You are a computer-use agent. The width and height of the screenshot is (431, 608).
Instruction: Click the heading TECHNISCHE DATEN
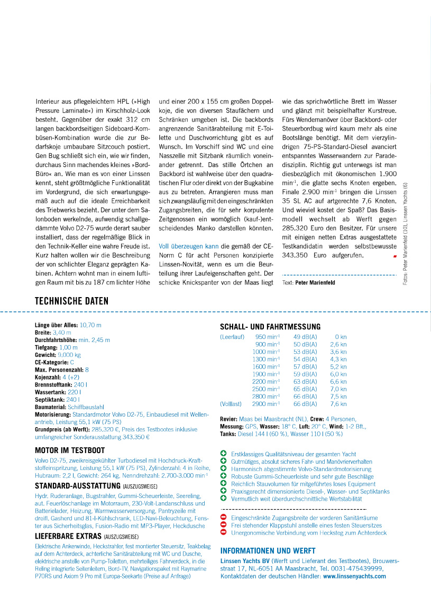click(x=71, y=301)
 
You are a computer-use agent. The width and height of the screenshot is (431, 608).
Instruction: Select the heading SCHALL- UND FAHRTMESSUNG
click(x=270, y=327)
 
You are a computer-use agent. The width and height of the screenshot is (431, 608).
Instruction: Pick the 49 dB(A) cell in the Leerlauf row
click(x=305, y=336)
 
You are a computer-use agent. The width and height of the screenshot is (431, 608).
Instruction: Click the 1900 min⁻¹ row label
click(x=265, y=374)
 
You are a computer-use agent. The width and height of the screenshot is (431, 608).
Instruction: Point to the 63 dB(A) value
click(x=305, y=381)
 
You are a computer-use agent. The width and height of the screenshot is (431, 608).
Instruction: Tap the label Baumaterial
click(x=50, y=408)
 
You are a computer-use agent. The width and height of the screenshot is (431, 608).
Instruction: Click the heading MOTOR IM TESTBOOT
click(x=70, y=450)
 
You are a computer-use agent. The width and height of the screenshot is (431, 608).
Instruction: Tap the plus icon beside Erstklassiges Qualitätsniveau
click(x=223, y=454)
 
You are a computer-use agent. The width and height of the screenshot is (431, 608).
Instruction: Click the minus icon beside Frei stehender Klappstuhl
click(x=223, y=526)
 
